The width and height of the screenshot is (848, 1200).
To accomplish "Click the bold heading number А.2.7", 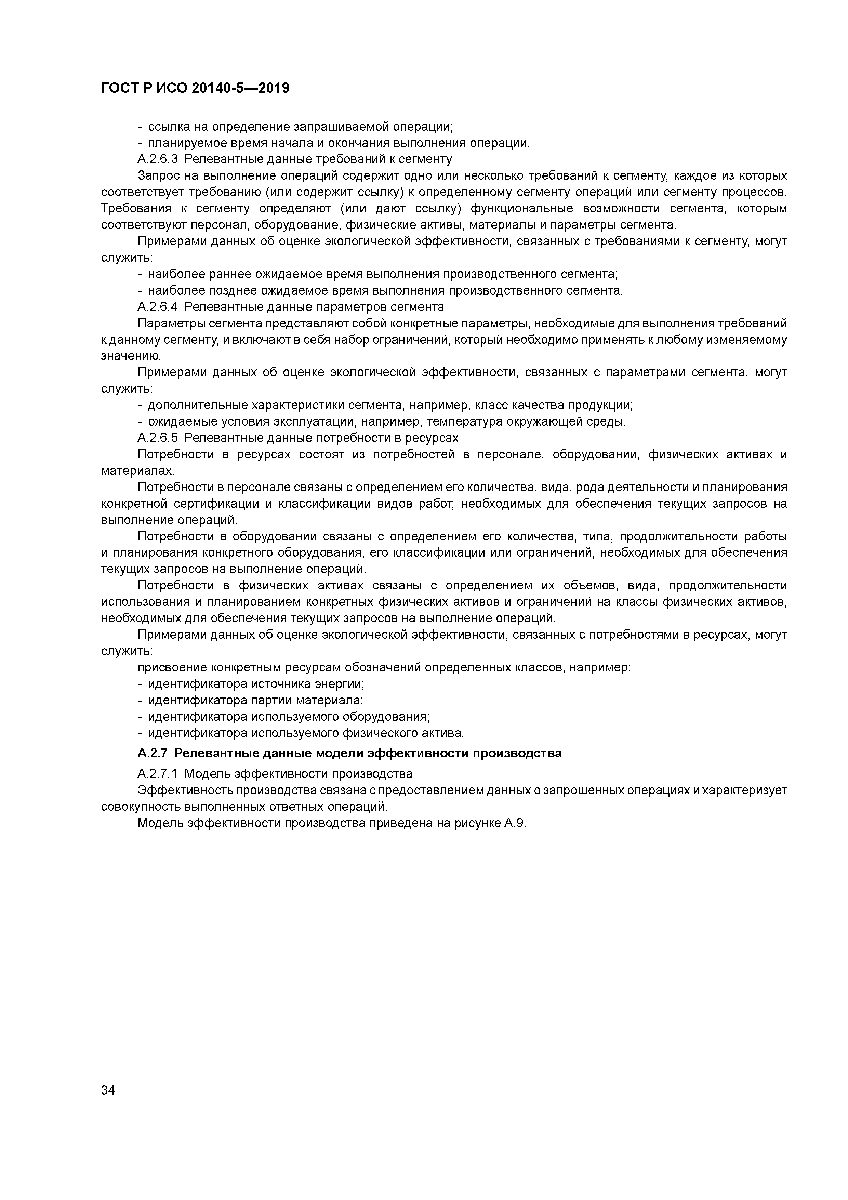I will (x=153, y=753).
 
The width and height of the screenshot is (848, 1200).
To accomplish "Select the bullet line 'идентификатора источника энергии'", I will (x=256, y=683).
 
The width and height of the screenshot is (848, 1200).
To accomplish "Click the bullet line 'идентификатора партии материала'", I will (x=255, y=700).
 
